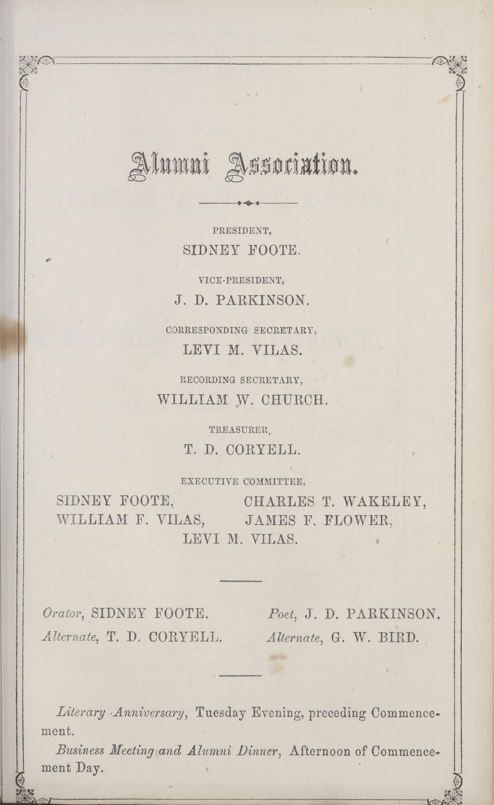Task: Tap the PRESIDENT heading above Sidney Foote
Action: click(242, 231)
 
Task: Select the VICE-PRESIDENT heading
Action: click(241, 280)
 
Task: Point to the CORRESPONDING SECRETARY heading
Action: click(241, 330)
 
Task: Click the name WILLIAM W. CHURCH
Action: click(242, 399)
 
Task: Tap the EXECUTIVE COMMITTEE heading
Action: click(243, 482)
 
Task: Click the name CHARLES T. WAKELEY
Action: click(335, 502)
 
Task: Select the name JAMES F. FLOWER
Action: click(319, 521)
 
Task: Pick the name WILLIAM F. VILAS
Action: click(131, 521)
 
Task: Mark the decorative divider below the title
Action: click(248, 203)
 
